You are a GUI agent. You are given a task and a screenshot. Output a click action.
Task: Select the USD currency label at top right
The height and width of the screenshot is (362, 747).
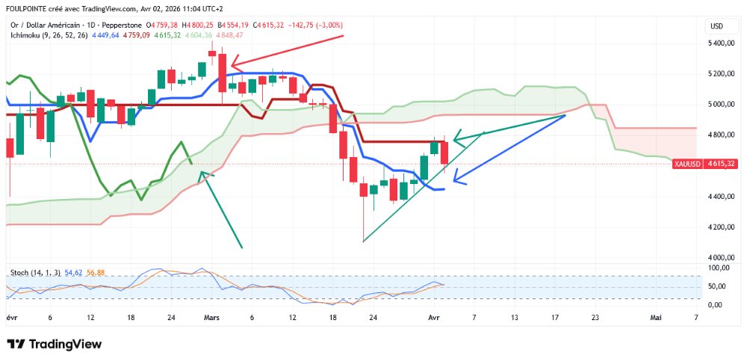[x=716, y=26]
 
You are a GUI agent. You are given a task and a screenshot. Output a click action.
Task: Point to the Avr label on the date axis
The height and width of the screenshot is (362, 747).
[x=434, y=318]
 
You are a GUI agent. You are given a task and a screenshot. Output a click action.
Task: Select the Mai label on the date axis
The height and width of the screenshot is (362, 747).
[x=656, y=318]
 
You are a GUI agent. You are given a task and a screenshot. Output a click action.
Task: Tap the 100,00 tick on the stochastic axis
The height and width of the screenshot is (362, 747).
[x=719, y=268]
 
